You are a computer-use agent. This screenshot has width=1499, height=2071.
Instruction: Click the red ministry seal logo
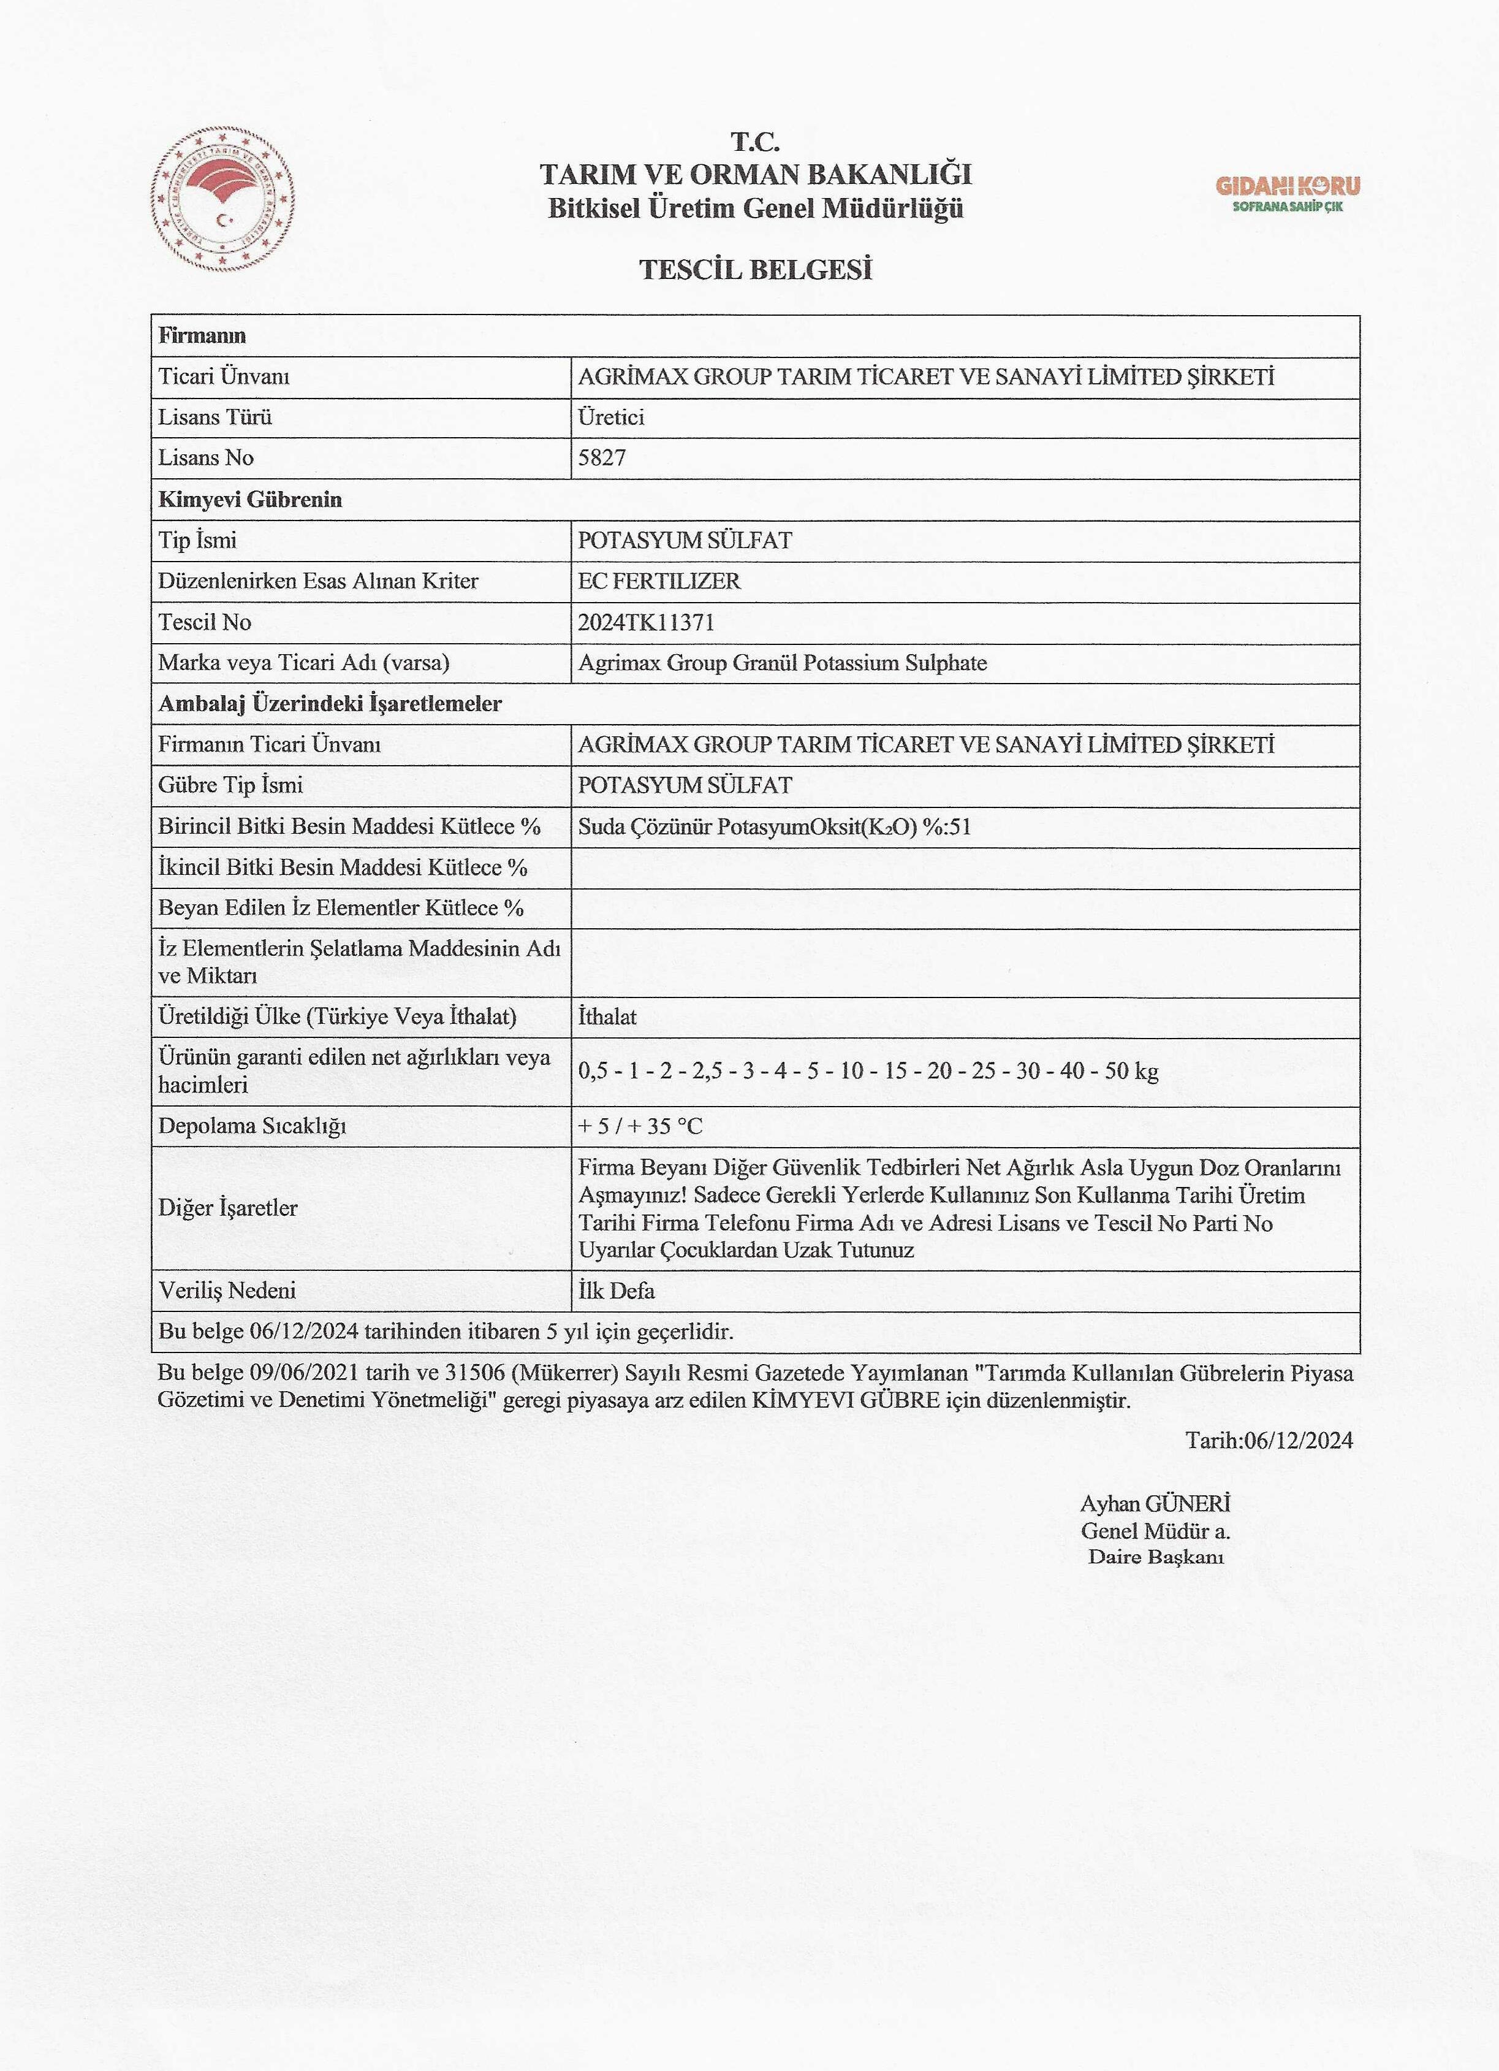pos(222,201)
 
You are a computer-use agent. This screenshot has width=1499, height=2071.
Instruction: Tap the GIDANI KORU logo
pos(1287,193)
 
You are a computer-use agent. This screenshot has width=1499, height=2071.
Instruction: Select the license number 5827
pos(602,459)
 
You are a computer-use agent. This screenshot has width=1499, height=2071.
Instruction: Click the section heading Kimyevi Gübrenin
pos(250,500)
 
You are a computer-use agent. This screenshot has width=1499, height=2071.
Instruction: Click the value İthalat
pos(607,1016)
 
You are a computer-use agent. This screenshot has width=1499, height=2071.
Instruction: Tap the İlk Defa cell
pos(617,1291)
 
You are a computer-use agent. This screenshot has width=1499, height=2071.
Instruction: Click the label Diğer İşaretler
pos(227,1208)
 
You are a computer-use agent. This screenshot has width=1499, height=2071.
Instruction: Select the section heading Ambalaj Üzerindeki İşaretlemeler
pos(330,704)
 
